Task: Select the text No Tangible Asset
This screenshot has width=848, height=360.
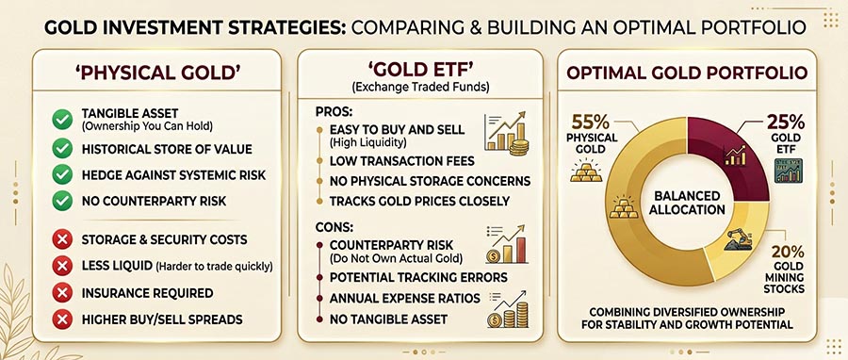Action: coord(388,320)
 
